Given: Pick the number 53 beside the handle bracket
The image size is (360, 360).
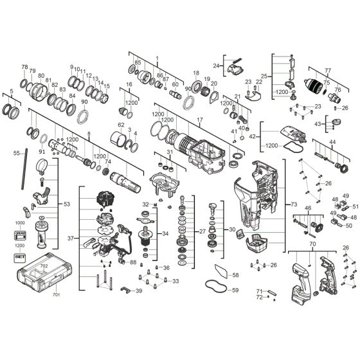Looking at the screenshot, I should tap(66, 204).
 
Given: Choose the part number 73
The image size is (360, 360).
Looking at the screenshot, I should tap(293, 204).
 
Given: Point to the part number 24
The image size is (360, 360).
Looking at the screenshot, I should tap(217, 66).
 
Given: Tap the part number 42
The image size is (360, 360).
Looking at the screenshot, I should tap(253, 136).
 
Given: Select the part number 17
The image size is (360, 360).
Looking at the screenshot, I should tap(199, 120).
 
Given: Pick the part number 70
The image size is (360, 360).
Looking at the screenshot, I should tap(312, 245).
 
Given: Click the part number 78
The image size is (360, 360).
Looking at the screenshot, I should tap(24, 67).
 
